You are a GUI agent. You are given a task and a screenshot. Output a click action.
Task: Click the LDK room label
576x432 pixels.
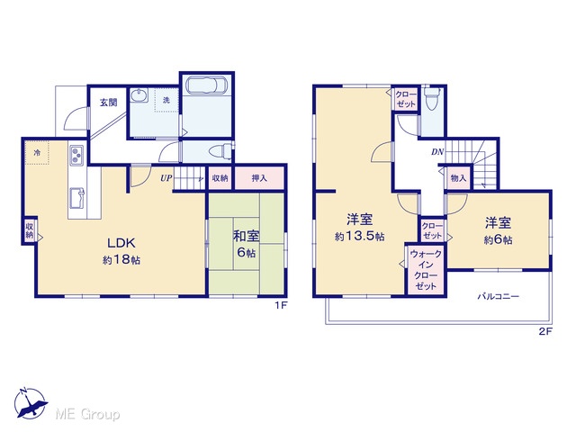121,243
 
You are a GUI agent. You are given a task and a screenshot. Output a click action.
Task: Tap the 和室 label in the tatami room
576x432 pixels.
246,236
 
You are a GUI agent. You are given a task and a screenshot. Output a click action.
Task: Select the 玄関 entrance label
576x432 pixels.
109,103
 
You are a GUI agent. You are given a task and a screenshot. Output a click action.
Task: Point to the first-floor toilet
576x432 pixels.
220,150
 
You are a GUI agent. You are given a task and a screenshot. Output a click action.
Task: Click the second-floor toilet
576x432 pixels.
431,97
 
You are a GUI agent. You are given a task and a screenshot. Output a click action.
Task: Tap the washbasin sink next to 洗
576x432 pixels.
139,95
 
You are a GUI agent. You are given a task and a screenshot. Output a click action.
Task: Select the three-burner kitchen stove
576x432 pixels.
76,155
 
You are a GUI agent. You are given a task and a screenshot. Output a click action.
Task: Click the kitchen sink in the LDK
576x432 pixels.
76,198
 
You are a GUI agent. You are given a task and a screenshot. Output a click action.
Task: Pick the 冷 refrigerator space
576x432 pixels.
37,153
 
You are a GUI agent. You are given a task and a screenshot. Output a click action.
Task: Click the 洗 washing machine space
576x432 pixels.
166,100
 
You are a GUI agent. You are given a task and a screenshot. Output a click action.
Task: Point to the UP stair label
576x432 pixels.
166,178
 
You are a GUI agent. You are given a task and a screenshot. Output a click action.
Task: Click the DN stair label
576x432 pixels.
437,152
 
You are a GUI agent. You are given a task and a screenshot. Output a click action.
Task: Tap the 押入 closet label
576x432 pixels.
259,178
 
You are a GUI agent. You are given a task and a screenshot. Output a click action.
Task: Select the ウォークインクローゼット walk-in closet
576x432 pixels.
426,270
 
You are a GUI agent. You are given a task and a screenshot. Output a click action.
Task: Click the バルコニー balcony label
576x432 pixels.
498,296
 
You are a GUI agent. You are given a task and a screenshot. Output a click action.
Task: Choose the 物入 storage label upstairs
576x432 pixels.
458,178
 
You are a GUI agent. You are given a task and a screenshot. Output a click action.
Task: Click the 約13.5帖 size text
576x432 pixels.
360,236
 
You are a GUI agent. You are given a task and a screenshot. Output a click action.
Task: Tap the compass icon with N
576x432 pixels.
30,402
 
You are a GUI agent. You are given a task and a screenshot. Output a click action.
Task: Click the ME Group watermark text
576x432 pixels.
87,415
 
